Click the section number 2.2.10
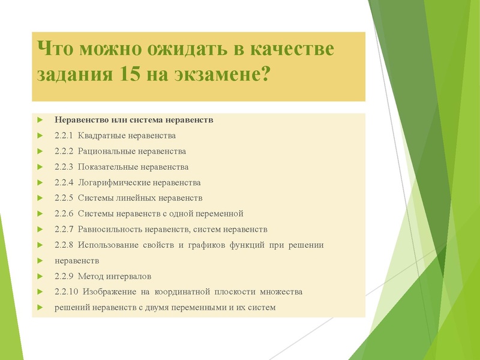pyautogui.click(x=65, y=292)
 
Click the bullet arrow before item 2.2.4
pyautogui.click(x=40, y=182)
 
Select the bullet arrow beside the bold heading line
pyautogui.click(x=40, y=120)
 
